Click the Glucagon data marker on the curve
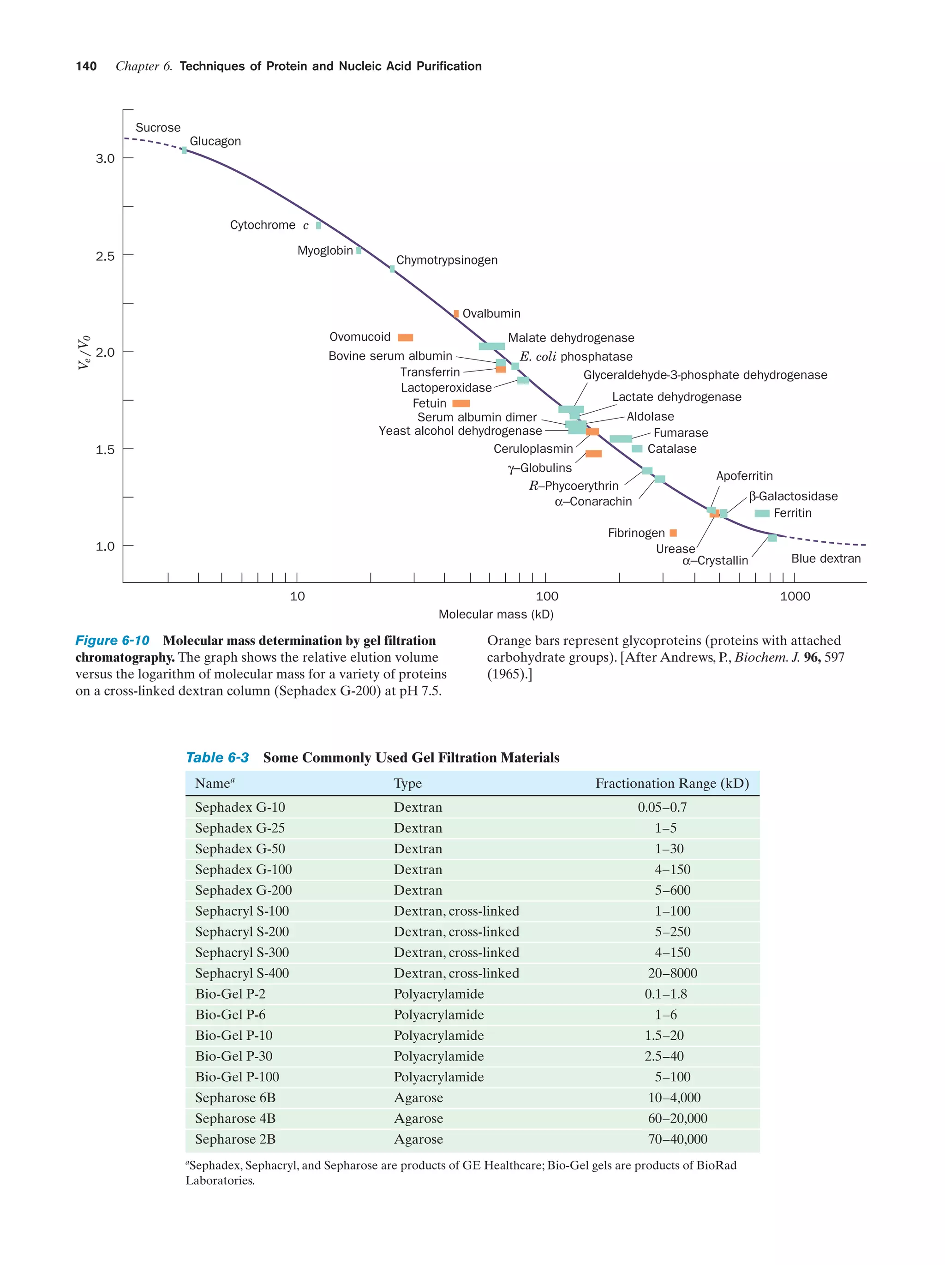184,150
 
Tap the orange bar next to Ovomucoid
405,337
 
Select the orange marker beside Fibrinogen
673,533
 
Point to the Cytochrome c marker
318,225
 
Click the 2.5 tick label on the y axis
105,256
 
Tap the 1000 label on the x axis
795,596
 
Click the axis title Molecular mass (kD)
496,614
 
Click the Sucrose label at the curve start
158,127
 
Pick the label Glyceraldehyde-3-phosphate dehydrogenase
705,375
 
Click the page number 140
86,66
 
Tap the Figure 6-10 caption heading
113,641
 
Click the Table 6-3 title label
217,758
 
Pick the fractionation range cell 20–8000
672,973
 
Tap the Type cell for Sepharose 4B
418,1119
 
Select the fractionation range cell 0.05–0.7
662,808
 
